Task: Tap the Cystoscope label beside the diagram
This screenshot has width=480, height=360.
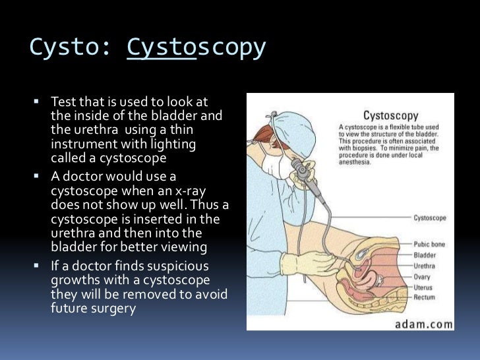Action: coord(429,217)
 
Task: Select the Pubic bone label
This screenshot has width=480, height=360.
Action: coord(429,244)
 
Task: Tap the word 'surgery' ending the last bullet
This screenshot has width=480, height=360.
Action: coord(112,307)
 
